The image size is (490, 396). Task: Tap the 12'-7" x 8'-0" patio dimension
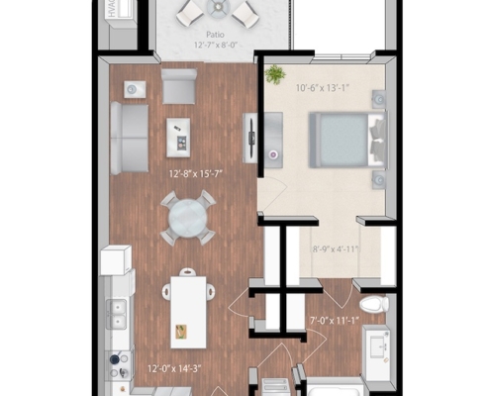pyautogui.click(x=204, y=46)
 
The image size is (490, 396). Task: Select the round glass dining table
pyautogui.click(x=187, y=217)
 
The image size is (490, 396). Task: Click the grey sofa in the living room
pyautogui.click(x=128, y=135)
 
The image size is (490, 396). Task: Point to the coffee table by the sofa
pyautogui.click(x=179, y=137)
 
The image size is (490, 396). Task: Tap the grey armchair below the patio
pyautogui.click(x=179, y=90)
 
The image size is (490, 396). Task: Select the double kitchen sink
pyautogui.click(x=118, y=314)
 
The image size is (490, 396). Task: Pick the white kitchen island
pyautogui.click(x=188, y=310)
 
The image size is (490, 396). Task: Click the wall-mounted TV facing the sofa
pyautogui.click(x=251, y=135)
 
